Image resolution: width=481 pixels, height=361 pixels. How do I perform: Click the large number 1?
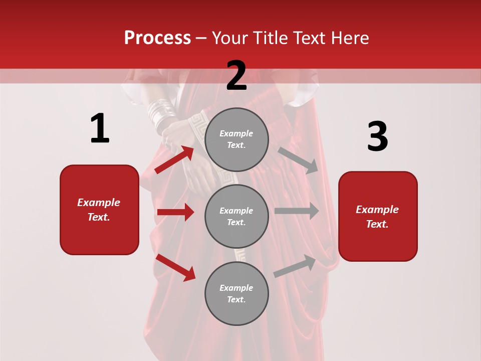[x=100, y=128]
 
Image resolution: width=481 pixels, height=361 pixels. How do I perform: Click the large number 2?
[x=236, y=76]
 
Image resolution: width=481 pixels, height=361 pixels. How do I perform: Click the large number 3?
[x=377, y=136]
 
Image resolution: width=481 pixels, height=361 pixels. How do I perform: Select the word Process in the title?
[x=157, y=38]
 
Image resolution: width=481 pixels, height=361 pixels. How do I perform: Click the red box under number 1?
[x=99, y=210]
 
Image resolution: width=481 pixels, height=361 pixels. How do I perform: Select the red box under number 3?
[x=378, y=216]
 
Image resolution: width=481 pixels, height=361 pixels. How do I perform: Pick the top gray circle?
[x=236, y=139]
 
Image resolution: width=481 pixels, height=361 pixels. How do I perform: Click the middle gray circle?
[x=236, y=217]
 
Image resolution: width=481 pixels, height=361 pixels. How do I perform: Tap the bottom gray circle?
[x=236, y=293]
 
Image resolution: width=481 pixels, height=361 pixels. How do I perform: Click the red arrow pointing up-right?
[x=175, y=159]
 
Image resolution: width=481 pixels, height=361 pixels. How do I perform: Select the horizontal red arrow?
[x=175, y=212]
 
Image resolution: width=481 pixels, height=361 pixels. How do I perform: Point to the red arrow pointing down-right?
[x=175, y=267]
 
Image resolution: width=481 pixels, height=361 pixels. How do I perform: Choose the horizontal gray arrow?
[x=296, y=211]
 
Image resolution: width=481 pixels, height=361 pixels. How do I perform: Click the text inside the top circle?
[x=236, y=139]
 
